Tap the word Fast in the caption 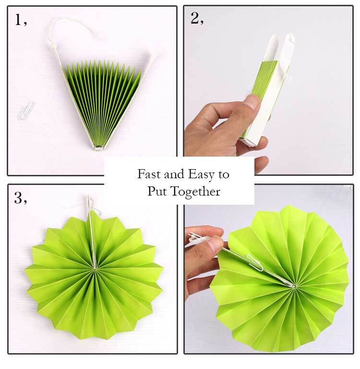pyautogui.click(x=149, y=174)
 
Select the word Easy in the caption pyautogui.click(x=201, y=175)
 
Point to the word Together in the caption pyautogui.click(x=195, y=192)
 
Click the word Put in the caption pyautogui.click(x=157, y=191)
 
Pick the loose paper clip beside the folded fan pyautogui.click(x=26, y=111)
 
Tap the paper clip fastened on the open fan pyautogui.click(x=254, y=262)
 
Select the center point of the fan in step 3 pyautogui.click(x=95, y=269)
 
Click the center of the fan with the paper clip pyautogui.click(x=294, y=286)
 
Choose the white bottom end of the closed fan pyautogui.click(x=250, y=142)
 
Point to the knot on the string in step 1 pyautogui.click(x=51, y=42)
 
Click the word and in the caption pyautogui.click(x=174, y=174)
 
